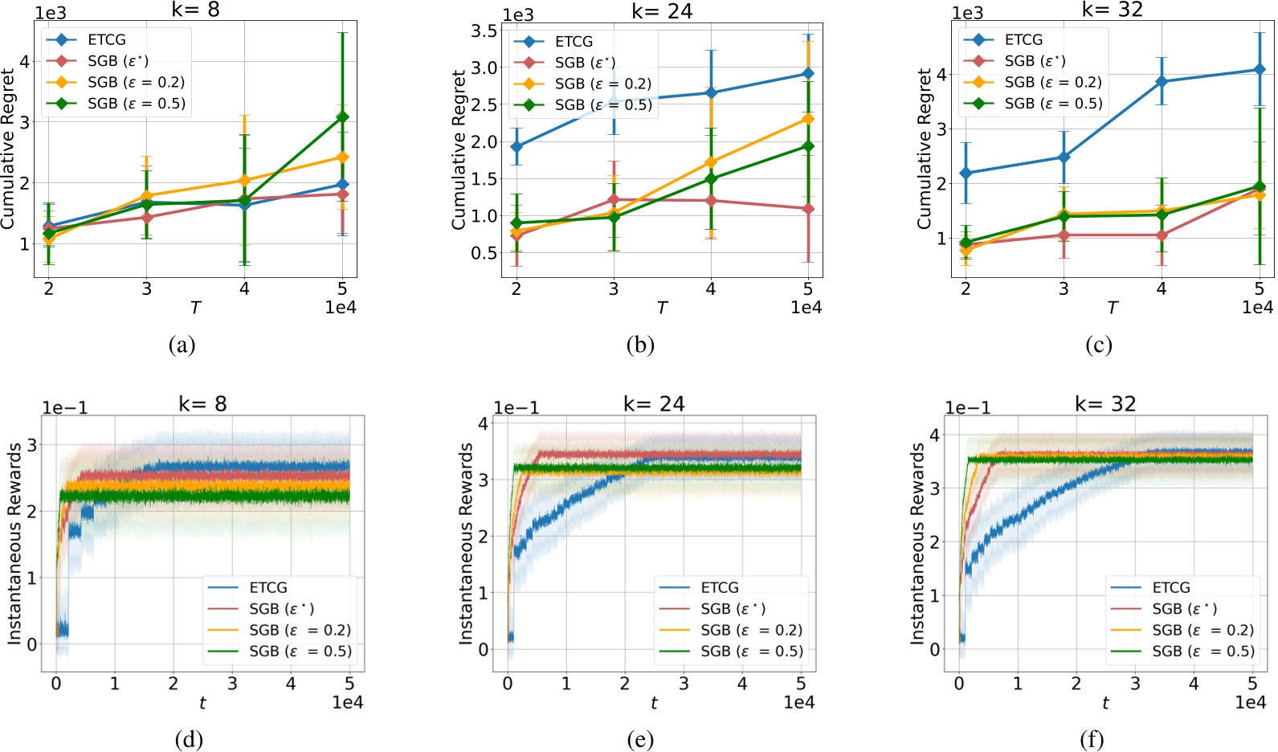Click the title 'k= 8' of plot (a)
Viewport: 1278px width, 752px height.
pos(195,10)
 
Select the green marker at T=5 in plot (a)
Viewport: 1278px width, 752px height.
pos(342,117)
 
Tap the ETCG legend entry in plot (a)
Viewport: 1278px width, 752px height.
pos(106,39)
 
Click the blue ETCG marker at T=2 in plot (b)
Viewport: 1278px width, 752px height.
pos(517,147)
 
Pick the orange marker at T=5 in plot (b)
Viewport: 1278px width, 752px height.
pos(808,119)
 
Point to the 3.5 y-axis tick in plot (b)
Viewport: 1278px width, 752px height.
pos(484,31)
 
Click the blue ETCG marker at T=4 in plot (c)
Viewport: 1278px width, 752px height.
pos(1162,81)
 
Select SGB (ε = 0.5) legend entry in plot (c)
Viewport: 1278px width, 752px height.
pos(1053,104)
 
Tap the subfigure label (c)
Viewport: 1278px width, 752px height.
pos(1098,345)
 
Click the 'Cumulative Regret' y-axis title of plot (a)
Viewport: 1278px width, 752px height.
pos(8,149)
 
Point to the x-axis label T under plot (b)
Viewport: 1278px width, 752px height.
pos(661,308)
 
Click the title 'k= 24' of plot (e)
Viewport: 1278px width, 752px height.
pos(654,404)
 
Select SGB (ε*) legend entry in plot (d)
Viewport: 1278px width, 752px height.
pos(281,609)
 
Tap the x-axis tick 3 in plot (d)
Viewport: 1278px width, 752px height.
pos(232,684)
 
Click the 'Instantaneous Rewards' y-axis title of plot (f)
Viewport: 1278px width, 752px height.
pos(917,544)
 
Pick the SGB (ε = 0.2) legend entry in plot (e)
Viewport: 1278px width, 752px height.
pos(751,630)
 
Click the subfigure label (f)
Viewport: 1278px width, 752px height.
pos(1092,739)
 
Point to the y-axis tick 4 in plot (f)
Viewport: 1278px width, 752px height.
pos(934,435)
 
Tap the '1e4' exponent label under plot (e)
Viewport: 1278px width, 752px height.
pos(798,703)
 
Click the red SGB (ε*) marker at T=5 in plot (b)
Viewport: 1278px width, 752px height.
pos(808,208)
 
